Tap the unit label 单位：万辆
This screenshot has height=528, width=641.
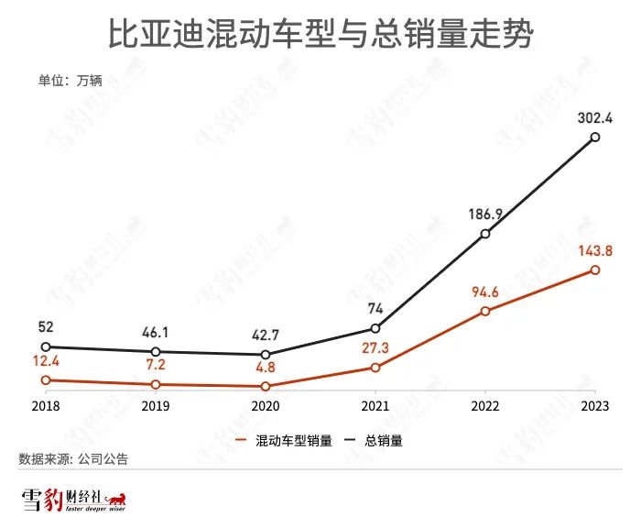click(70, 80)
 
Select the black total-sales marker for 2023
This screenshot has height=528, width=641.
click(595, 137)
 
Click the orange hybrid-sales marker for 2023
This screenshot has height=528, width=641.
click(595, 270)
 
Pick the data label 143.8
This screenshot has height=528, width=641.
click(594, 250)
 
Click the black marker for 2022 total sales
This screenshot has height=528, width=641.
click(485, 234)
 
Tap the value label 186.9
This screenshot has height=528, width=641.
click(484, 214)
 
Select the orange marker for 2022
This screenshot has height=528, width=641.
click(485, 312)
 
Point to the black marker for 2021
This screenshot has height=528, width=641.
click(375, 329)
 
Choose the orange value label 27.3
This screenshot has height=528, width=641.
click(375, 348)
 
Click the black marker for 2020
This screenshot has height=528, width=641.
click(265, 355)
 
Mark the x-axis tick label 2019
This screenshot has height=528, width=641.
click(155, 404)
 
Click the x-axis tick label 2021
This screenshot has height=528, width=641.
click(375, 404)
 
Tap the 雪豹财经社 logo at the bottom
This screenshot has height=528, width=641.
click(73, 501)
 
